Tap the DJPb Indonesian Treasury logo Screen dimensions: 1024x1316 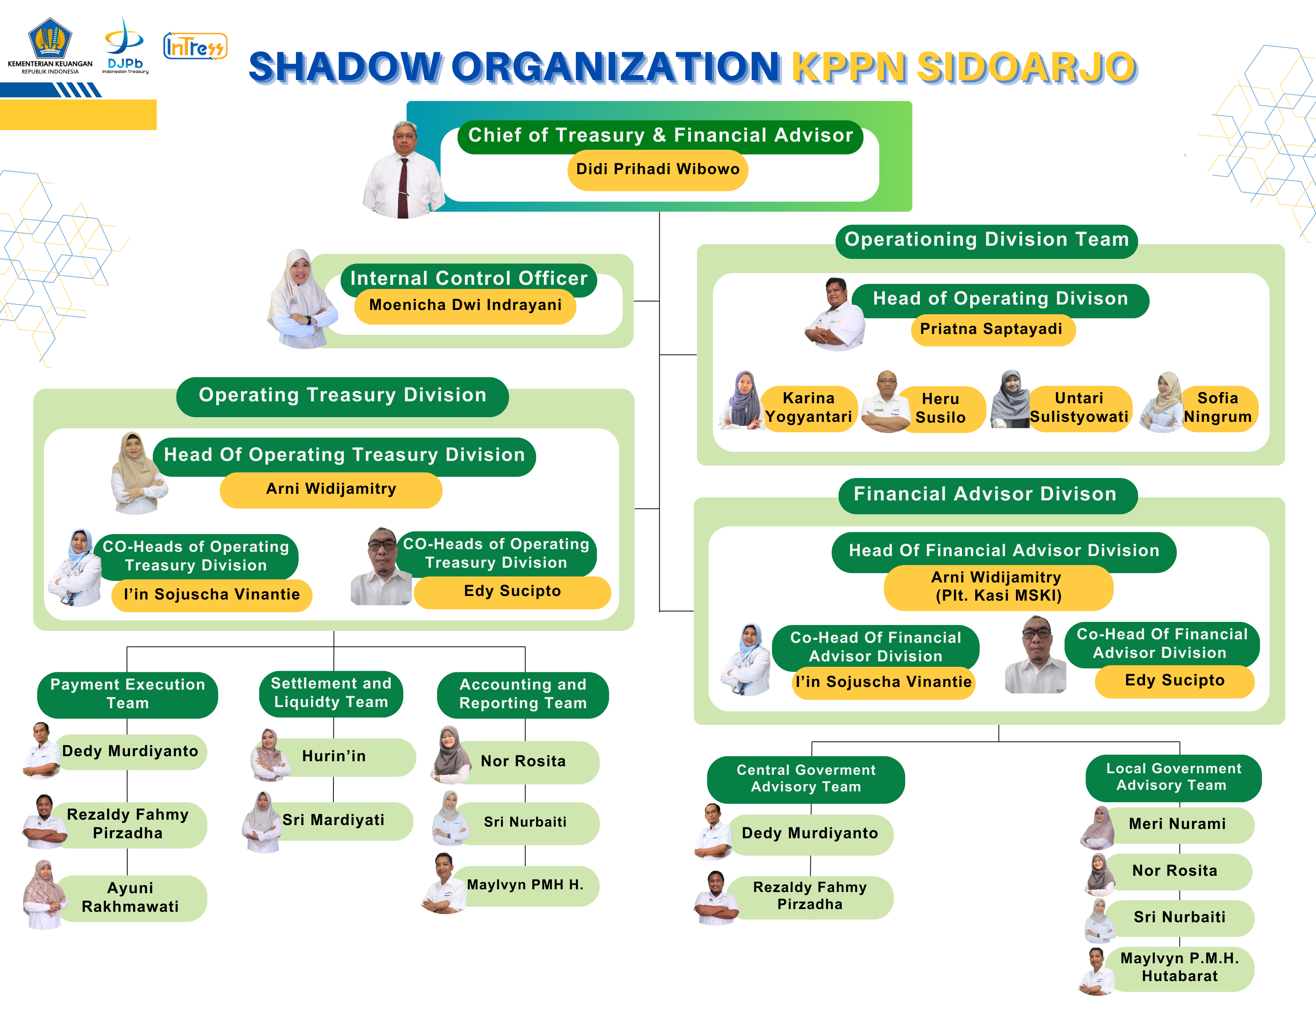125,46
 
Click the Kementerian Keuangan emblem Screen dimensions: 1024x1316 50,39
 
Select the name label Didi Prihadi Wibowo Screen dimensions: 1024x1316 657,170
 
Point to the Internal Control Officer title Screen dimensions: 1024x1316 469,279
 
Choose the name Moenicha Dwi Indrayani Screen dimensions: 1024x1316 465,305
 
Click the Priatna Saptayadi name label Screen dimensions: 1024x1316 991,329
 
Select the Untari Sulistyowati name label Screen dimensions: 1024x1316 1079,408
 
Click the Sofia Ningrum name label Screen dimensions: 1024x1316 1218,408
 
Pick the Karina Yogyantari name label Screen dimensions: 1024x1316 808,408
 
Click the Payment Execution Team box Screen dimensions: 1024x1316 128,694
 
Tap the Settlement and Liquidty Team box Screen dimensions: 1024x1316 332,693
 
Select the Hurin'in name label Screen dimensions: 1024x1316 334,757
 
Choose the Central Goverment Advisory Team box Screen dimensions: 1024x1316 806,779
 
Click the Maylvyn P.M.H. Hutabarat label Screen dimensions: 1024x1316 1179,967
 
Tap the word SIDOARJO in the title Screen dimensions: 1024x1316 1027,67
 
